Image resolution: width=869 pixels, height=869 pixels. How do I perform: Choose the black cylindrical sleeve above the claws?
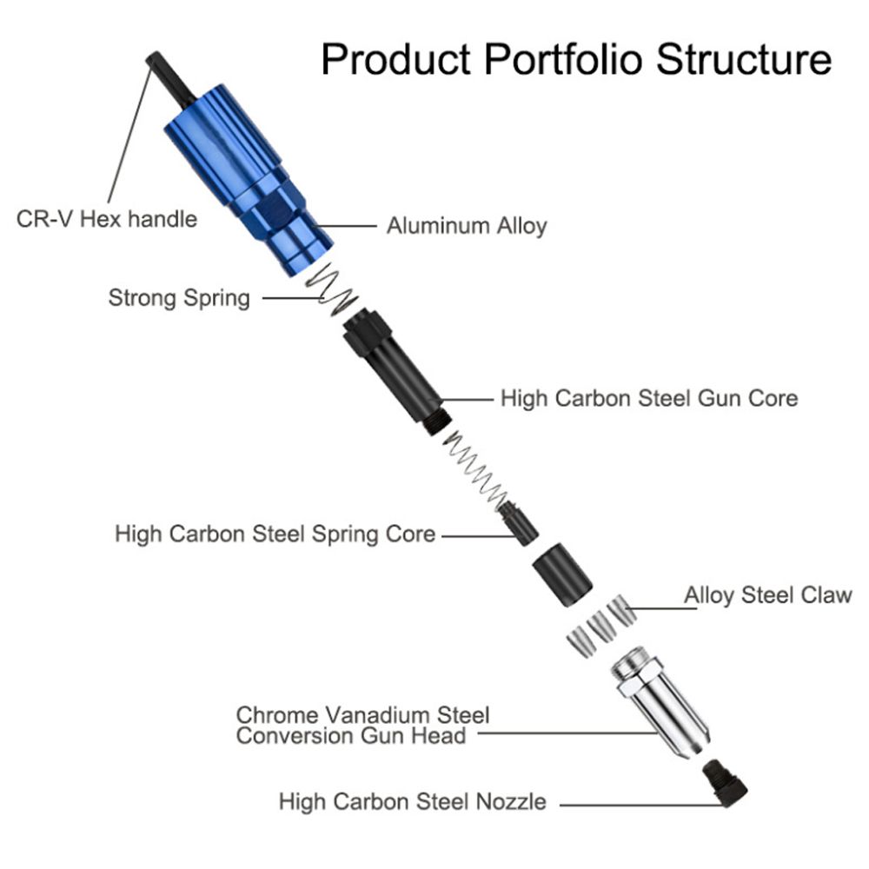click(x=561, y=575)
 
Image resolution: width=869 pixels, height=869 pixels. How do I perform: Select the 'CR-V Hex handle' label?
click(x=107, y=218)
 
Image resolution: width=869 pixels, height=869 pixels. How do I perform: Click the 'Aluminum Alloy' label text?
click(x=467, y=227)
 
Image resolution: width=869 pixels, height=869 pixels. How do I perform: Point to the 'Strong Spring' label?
click(x=179, y=299)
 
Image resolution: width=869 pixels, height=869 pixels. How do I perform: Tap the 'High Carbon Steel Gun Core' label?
click(x=648, y=399)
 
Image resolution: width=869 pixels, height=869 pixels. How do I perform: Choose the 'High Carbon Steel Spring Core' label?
click(x=275, y=533)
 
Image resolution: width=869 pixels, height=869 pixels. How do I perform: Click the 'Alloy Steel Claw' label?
click(x=767, y=596)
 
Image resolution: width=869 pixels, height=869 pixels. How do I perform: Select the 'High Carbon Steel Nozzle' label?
click(x=412, y=801)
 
